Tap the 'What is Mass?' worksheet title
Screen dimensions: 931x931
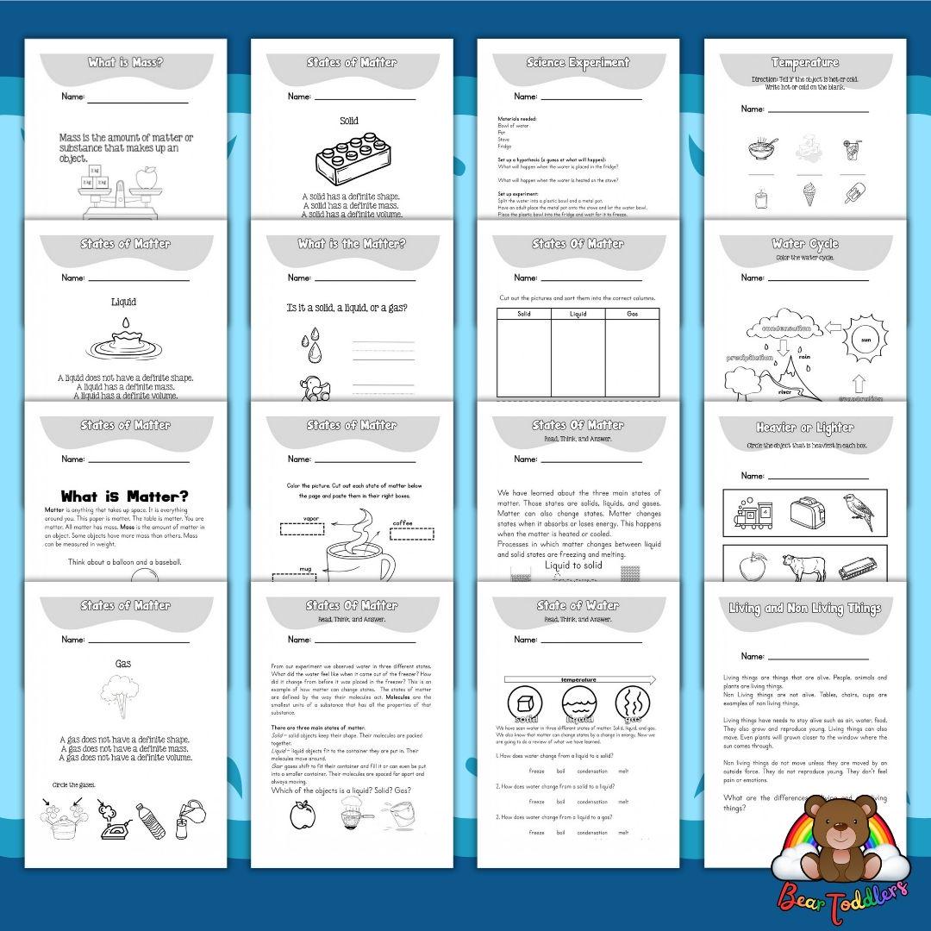pyautogui.click(x=126, y=63)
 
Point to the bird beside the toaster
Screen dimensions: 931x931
pyautogui.click(x=859, y=510)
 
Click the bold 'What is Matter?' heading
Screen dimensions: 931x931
pyautogui.click(x=125, y=497)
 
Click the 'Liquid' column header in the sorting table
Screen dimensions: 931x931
pyautogui.click(x=578, y=314)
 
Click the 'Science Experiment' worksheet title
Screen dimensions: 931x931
pyautogui.click(x=578, y=63)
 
